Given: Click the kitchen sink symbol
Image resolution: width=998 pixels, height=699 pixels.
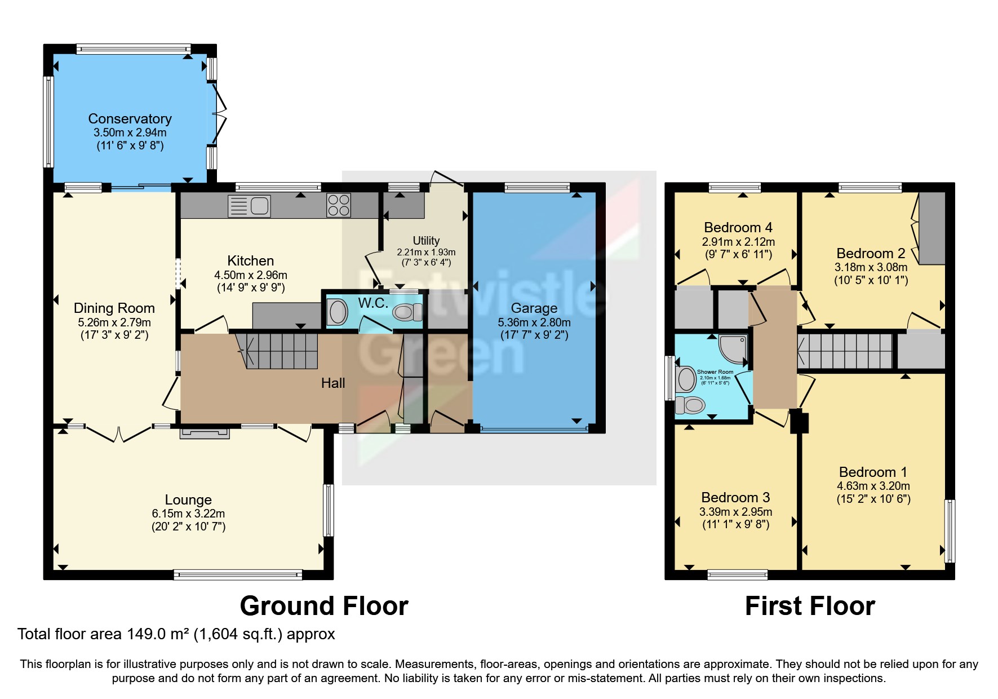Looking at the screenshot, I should [x=250, y=206].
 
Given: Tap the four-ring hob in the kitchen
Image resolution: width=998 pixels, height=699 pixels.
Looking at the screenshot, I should [x=338, y=205].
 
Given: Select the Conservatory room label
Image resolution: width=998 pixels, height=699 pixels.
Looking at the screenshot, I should [x=130, y=119].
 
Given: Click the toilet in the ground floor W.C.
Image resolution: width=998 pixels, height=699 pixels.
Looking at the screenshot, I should [x=407, y=312].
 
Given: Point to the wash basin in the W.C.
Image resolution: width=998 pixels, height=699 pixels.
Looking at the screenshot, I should [x=338, y=312].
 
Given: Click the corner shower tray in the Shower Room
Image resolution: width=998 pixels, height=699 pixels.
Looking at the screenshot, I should [x=734, y=349].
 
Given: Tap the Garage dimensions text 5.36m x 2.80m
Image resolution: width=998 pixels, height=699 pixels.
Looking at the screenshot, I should [x=534, y=322].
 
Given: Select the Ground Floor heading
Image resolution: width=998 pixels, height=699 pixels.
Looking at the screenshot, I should [x=324, y=606].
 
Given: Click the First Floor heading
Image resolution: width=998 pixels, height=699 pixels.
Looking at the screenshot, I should [x=810, y=606].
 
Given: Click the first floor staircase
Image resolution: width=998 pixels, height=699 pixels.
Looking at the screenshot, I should [x=845, y=351].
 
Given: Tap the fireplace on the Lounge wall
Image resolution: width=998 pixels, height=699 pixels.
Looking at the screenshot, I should [x=205, y=433].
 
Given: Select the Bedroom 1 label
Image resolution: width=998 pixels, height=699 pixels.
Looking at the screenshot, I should [x=873, y=472].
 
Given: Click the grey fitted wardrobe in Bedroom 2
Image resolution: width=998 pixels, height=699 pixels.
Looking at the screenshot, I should [x=932, y=228].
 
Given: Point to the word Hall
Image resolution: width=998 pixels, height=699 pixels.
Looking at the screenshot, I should [x=333, y=383].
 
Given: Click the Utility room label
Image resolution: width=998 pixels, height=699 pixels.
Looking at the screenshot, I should [x=426, y=241].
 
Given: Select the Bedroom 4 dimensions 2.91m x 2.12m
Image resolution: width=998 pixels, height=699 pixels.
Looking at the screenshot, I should [x=738, y=242].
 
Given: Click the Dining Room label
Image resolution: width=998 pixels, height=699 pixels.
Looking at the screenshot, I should [x=114, y=308].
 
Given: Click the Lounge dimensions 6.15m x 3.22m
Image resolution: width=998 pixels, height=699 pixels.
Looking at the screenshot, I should [x=188, y=514].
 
